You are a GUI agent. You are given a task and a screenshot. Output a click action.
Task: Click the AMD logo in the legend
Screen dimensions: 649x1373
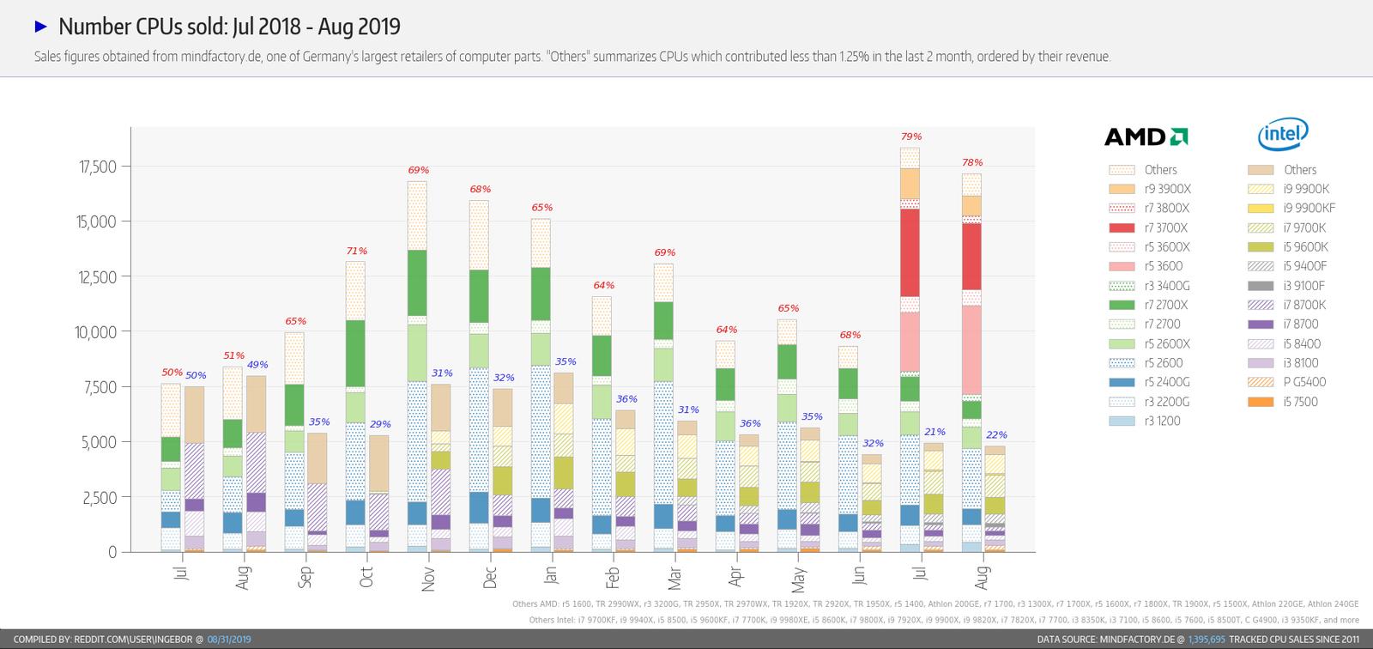pos(1146,136)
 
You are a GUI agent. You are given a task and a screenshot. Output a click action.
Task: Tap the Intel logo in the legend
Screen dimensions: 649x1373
pos(1283,134)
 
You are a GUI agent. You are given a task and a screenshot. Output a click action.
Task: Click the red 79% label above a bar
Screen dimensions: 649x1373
pos(911,136)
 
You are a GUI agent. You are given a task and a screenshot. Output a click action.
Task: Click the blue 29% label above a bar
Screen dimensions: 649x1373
pos(379,424)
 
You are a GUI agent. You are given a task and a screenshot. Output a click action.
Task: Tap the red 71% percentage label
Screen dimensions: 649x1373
pos(356,251)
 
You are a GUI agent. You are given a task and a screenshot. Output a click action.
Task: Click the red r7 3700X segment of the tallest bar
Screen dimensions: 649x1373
pos(910,252)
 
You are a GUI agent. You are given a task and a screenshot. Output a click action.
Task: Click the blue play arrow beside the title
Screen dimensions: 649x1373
pos(40,27)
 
